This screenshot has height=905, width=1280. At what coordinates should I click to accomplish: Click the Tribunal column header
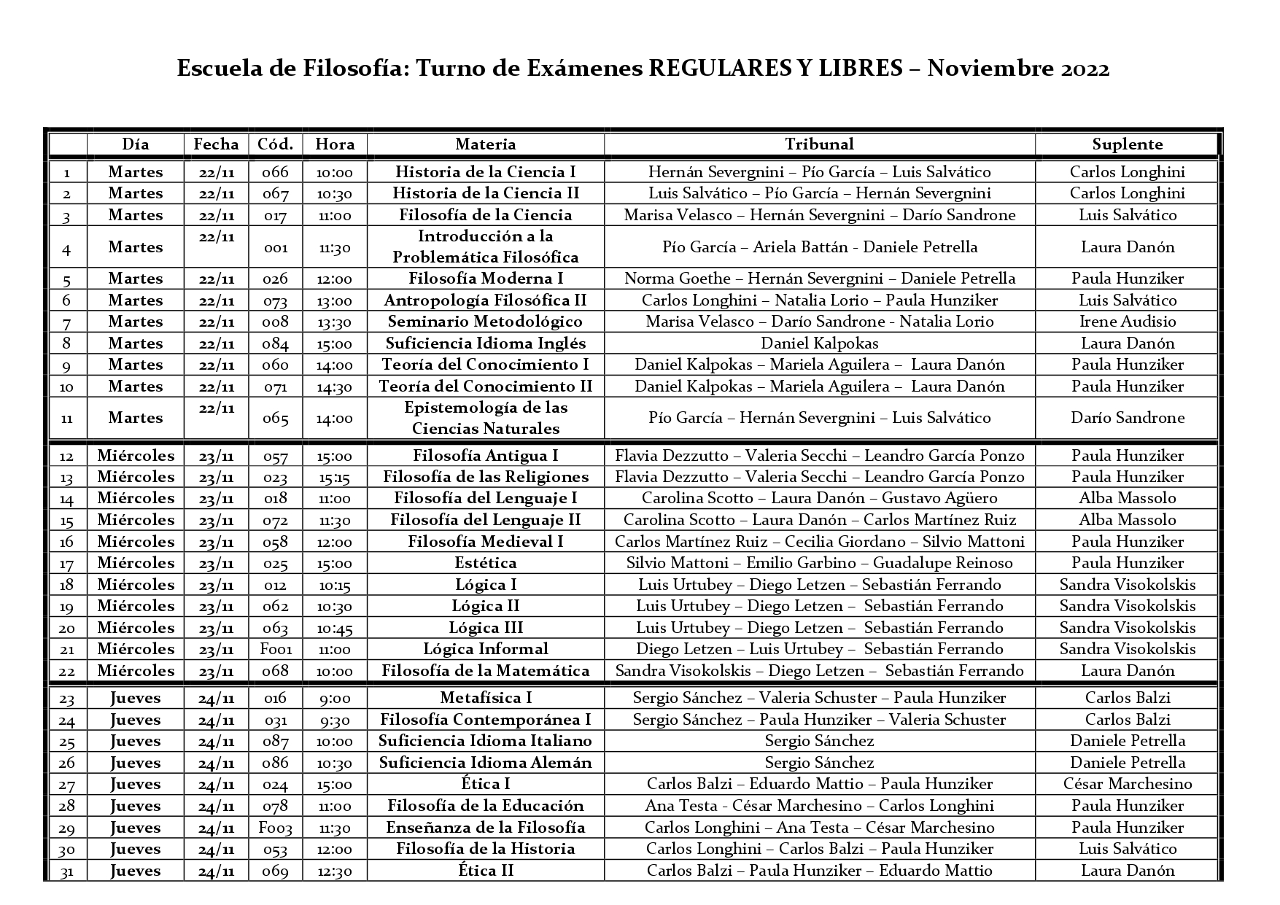(819, 144)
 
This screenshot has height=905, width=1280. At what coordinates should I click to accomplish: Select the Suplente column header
(1127, 144)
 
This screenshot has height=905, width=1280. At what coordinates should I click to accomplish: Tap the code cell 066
(276, 172)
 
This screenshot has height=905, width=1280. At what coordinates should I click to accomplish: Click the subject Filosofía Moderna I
(486, 279)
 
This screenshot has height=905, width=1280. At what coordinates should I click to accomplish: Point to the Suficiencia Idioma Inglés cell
(486, 343)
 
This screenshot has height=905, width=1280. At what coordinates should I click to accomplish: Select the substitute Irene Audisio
(1127, 322)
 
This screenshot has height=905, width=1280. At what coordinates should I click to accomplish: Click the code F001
(276, 649)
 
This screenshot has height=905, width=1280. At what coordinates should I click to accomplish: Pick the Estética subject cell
(486, 563)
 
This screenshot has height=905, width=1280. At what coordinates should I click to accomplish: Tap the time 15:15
(335, 477)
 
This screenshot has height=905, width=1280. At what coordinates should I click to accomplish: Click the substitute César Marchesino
(1127, 784)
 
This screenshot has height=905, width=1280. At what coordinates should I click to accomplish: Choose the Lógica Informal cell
(486, 649)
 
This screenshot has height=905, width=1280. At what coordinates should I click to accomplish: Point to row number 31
(67, 871)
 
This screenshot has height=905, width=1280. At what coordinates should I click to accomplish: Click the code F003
(276, 828)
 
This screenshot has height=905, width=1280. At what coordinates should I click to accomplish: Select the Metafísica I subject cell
(486, 698)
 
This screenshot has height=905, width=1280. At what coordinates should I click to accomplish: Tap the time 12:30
(335, 871)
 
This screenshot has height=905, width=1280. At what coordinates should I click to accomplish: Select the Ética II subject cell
(486, 871)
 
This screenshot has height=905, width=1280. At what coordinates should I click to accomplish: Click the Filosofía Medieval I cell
(486, 541)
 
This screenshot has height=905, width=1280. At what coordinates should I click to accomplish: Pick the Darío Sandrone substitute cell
(1127, 418)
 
